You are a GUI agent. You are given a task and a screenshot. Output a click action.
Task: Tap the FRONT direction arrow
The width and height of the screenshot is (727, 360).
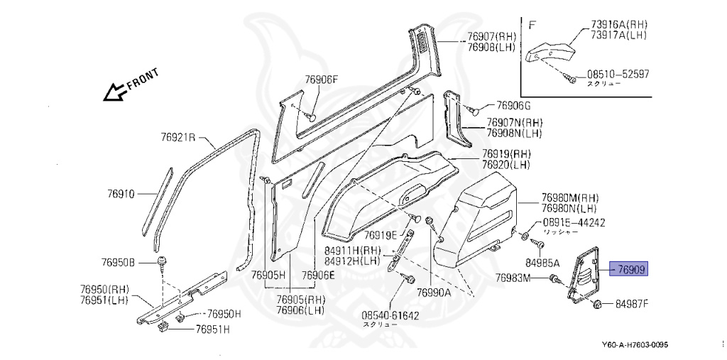tap(114, 91)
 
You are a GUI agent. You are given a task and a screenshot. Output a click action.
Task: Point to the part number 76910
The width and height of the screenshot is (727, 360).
tap(121, 193)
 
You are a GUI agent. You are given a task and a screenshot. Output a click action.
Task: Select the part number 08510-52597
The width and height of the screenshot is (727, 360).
tap(617, 74)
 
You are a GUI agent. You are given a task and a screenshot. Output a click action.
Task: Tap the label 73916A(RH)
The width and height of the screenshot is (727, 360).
tap(619, 24)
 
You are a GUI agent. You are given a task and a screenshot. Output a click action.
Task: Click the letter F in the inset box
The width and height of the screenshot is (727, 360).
tap(532, 24)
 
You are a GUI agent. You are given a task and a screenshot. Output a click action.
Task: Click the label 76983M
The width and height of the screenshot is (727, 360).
tap(513, 278)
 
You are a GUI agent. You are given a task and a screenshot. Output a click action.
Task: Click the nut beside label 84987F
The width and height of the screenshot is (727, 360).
tap(598, 305)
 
